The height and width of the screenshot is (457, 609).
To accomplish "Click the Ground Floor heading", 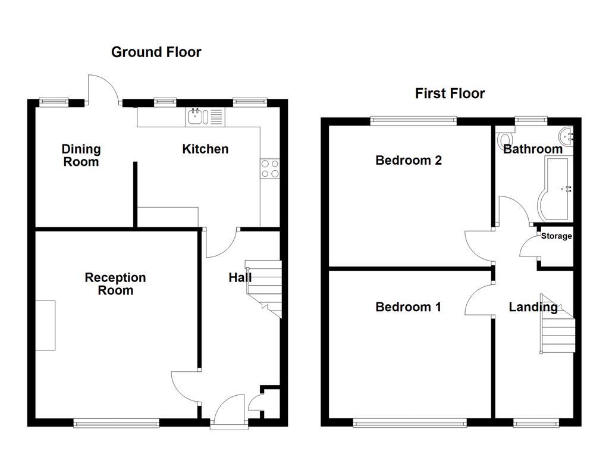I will click(156, 52).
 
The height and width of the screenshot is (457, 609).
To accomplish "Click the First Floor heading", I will click(450, 93).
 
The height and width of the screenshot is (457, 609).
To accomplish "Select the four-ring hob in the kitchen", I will click(269, 169).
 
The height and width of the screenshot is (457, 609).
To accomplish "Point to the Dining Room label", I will click(81, 155).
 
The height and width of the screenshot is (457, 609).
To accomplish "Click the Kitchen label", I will click(205, 149).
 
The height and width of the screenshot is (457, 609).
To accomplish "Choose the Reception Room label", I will click(115, 284).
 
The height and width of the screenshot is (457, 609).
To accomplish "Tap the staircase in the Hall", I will click(264, 285).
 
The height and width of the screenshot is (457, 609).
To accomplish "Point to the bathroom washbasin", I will click(567, 136).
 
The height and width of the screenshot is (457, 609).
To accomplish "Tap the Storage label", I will click(556, 236).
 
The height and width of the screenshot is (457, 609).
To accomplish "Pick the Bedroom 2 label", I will click(409, 160).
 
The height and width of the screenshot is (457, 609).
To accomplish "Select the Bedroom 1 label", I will click(408, 307).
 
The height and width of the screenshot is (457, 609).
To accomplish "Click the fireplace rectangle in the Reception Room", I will click(45, 325).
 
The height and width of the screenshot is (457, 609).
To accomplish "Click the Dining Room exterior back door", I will click(102, 89).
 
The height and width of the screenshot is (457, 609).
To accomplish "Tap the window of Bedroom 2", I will click(414, 121).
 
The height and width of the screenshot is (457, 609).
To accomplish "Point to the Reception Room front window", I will click(117, 423).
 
